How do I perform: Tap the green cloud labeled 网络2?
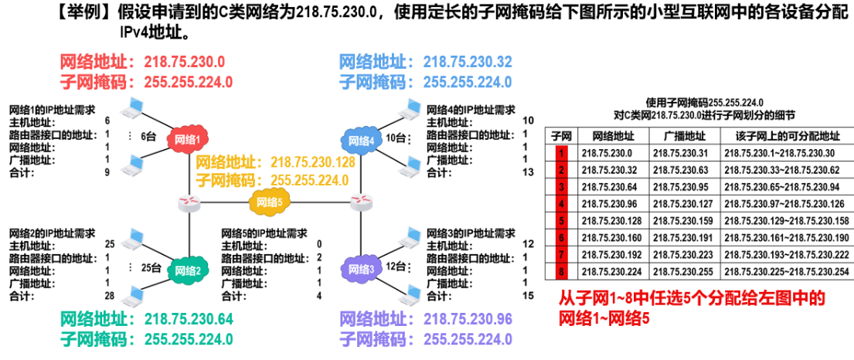point(188,269)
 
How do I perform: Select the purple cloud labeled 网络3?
point(361,269)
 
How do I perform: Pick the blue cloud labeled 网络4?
point(361,141)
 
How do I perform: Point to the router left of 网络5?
point(189,204)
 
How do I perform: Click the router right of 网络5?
point(361,204)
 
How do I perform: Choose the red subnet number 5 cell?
point(562,221)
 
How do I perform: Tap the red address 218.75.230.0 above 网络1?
point(185,62)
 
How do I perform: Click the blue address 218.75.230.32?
point(468,62)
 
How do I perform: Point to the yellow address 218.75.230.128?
point(313,161)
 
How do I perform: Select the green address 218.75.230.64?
point(189,318)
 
